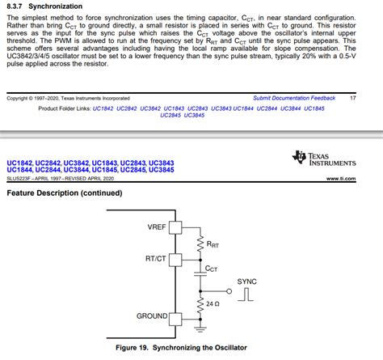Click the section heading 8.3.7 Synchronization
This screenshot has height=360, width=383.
coord(40,6)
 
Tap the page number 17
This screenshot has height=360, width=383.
coord(353,98)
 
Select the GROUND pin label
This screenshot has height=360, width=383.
coord(152,316)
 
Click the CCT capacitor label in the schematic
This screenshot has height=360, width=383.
coord(212,268)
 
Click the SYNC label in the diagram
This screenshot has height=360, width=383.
coord(246,281)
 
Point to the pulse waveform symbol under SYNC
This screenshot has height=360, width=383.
coord(246,294)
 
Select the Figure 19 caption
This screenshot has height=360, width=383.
coord(191,347)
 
